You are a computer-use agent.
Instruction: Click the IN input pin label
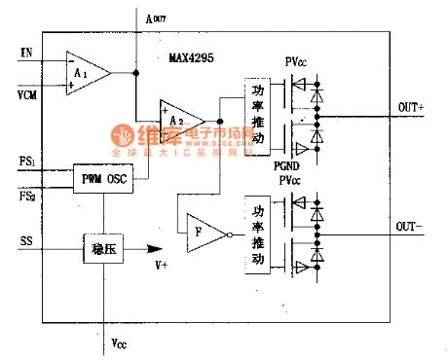[x=26, y=51]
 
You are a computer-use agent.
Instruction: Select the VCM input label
[x=29, y=93]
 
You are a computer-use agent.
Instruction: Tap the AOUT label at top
[x=158, y=17]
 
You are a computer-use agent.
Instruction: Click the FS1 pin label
[x=28, y=159]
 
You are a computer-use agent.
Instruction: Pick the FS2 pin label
[x=28, y=196]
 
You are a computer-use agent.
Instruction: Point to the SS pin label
[x=26, y=238]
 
